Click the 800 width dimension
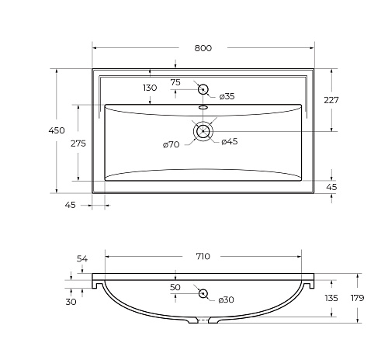coord(203,48)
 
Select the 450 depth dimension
coord(57,130)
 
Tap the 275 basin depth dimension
coord(78,144)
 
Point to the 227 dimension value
coord(331,100)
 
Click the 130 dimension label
coord(150,88)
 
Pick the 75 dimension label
coord(175,82)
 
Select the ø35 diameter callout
coord(227,96)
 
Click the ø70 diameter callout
coord(171,144)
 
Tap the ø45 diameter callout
coord(230,141)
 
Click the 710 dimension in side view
coord(203,256)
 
